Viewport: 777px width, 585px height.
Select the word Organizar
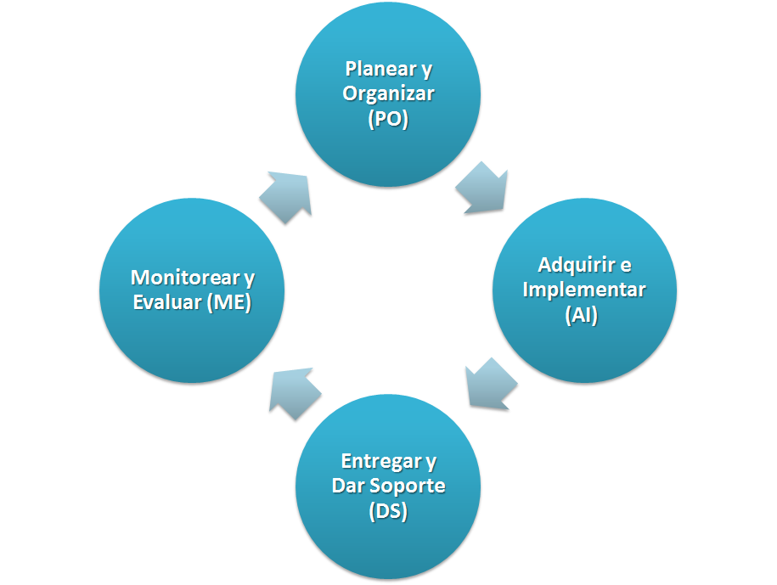[388, 93]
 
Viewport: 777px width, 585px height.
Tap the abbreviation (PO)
[388, 120]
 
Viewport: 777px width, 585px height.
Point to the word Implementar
[584, 290]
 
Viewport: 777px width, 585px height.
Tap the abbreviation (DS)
[388, 513]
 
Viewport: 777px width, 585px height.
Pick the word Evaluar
[166, 303]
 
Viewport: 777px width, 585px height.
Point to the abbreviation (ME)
[228, 303]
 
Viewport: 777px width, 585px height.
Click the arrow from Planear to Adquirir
[483, 189]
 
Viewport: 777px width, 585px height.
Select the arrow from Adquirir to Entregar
[492, 384]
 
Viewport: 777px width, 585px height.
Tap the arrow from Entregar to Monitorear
[294, 392]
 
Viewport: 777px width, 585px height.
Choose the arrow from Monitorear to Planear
[284, 196]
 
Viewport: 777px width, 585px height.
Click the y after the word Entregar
[431, 461]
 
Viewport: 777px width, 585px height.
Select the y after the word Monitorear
[248, 278]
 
